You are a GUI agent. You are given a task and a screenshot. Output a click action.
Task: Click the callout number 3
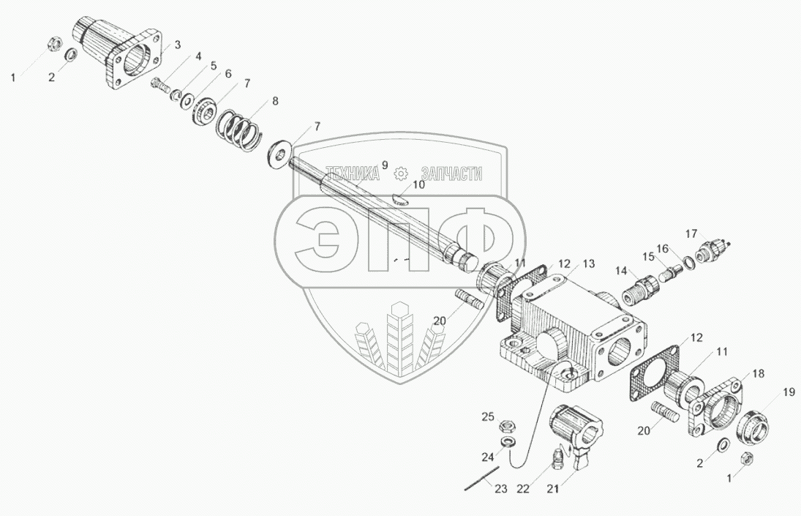(177, 45)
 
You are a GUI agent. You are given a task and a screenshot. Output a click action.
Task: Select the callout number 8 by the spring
(274, 102)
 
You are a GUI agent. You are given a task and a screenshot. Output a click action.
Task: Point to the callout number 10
(418, 185)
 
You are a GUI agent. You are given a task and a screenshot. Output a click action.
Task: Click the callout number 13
(589, 263)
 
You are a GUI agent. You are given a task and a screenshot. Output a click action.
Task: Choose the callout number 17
(691, 233)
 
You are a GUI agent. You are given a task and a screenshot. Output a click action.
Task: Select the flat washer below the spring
(279, 154)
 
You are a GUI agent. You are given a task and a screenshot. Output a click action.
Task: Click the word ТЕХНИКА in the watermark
(352, 173)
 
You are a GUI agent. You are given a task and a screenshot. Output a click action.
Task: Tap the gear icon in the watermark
(399, 173)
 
